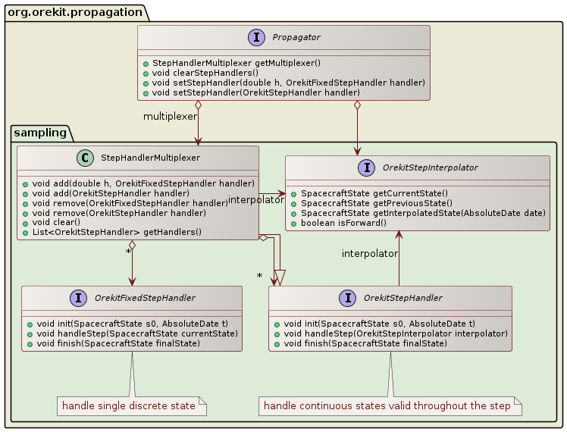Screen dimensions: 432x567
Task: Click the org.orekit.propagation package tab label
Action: tap(61, 11)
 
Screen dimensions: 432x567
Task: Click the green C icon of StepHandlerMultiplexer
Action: tap(84, 158)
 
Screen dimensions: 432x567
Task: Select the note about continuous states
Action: tap(387, 406)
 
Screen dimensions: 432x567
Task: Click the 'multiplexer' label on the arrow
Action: tap(171, 116)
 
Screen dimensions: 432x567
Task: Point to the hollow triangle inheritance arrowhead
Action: tap(279, 277)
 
